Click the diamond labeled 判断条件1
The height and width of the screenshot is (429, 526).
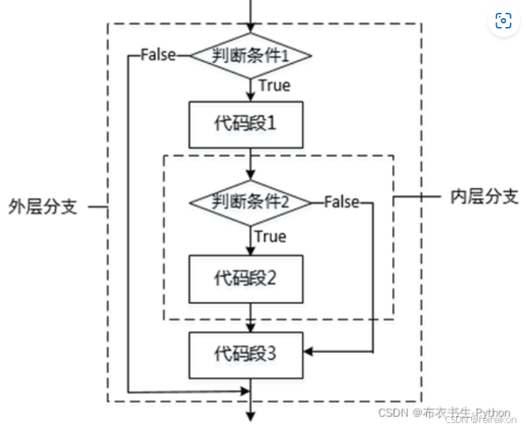coord(249,55)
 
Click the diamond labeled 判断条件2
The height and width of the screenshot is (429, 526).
coord(249,202)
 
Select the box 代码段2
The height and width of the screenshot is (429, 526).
coord(246,277)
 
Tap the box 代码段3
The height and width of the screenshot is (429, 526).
coord(246,351)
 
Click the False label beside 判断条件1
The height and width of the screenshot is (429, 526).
coord(158,55)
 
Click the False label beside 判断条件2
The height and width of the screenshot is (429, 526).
coord(342,202)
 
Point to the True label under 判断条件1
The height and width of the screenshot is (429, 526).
coord(274,85)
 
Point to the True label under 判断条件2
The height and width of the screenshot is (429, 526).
coord(271,236)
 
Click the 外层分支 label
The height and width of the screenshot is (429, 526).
coord(43,206)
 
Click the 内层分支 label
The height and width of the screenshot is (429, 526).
coord(484,197)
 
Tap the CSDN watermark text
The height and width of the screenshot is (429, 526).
coord(443,413)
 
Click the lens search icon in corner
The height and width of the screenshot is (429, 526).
coord(503,21)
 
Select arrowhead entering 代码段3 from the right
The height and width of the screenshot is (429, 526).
coord(309,351)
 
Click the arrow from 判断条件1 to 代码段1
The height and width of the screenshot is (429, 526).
coord(249,89)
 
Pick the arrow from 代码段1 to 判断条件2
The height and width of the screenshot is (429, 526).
coord(249,164)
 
